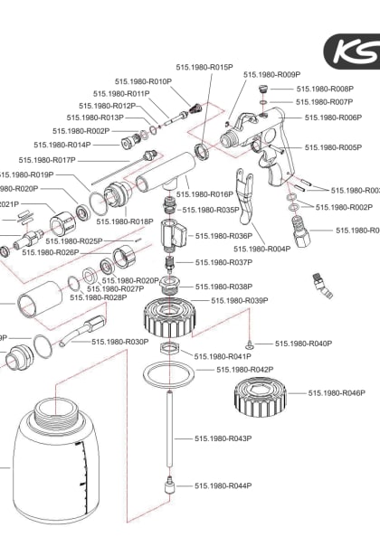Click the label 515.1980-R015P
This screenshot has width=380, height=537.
click(208, 68)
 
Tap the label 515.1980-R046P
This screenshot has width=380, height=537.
click(337, 393)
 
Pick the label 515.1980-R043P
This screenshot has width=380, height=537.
click(223, 438)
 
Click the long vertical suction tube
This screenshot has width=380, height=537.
click(168, 425)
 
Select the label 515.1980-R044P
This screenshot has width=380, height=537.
click(223, 485)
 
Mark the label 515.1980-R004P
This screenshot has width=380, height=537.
click(268, 249)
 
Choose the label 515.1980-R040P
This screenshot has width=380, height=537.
click(303, 344)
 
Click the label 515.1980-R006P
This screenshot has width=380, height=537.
click(333, 118)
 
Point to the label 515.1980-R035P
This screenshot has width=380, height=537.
click(210, 210)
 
